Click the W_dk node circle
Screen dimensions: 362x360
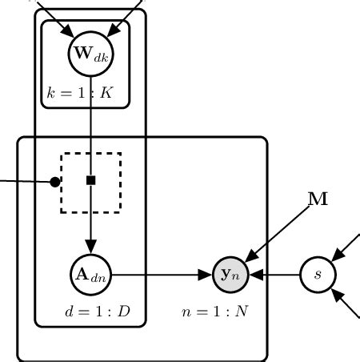point(91,54)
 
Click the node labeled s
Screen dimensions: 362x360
point(318,275)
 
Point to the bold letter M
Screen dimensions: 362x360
point(318,199)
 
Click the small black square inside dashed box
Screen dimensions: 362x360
point(91,180)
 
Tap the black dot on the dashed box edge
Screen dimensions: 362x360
point(55,182)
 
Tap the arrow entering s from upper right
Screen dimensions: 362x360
point(346,247)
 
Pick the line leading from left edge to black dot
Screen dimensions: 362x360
point(24,181)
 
